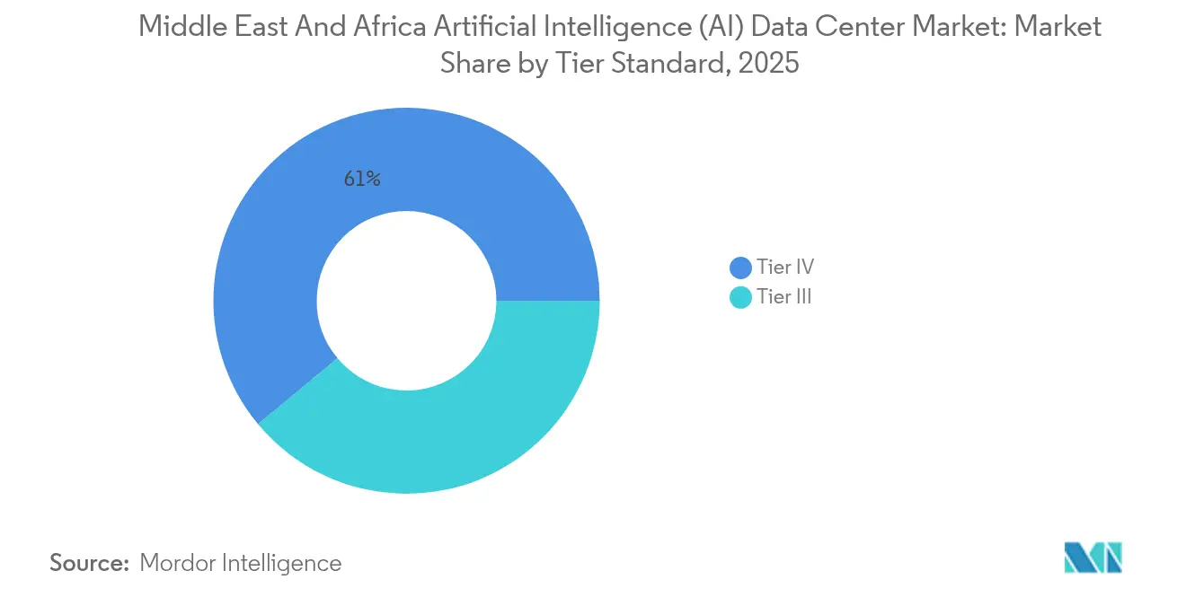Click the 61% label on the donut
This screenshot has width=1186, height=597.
pyautogui.click(x=362, y=179)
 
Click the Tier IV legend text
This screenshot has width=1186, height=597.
pyautogui.click(x=784, y=267)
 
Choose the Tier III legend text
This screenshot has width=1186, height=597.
pyautogui.click(x=783, y=297)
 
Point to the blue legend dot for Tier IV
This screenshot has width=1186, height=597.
pyautogui.click(x=741, y=268)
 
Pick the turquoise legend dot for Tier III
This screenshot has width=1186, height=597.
pyautogui.click(x=741, y=298)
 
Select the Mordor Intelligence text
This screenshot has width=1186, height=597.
pyautogui.click(x=241, y=563)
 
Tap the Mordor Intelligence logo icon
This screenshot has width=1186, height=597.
pyautogui.click(x=1093, y=557)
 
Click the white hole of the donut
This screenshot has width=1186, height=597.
pyautogui.click(x=406, y=301)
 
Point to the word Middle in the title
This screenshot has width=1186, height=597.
pyautogui.click(x=173, y=27)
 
